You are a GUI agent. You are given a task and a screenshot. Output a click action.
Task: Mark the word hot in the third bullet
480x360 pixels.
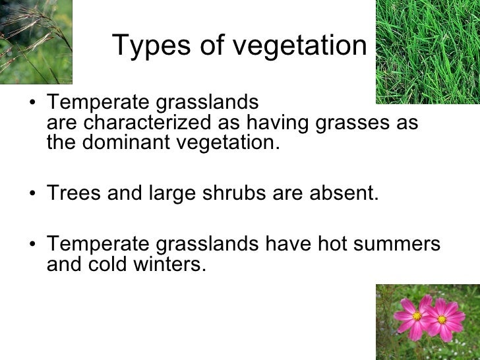point(328,245)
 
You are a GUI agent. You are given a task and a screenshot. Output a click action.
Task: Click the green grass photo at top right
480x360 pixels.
point(427,51)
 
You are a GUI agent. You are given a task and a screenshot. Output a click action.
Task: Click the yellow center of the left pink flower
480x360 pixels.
point(417,316)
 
